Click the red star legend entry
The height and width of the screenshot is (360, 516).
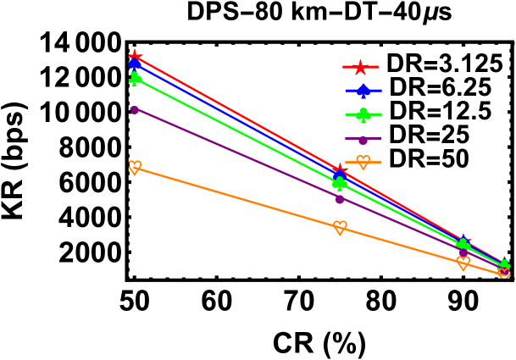(x=360, y=67)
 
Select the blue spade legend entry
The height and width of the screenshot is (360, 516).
(x=363, y=91)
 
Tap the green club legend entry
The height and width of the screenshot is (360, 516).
(x=363, y=114)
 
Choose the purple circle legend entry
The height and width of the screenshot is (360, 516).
(x=363, y=139)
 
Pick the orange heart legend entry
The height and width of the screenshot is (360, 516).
(x=363, y=162)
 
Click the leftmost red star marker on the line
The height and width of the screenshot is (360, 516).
(x=135, y=57)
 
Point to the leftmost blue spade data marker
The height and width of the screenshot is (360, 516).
(x=135, y=64)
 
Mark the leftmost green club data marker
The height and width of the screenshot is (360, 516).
(x=135, y=78)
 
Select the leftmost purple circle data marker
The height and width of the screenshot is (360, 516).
(x=135, y=109)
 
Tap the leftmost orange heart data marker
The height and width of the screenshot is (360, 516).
(x=135, y=167)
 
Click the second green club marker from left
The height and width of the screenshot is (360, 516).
(x=340, y=183)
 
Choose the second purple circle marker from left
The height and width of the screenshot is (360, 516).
(x=340, y=199)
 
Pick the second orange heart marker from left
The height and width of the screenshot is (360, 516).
(x=340, y=227)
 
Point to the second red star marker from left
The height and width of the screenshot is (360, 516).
(x=340, y=170)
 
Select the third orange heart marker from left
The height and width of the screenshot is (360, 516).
(x=463, y=263)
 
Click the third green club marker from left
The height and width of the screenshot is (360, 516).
(x=463, y=246)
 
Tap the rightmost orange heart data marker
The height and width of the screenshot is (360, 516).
(x=504, y=273)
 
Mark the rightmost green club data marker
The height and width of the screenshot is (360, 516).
(x=504, y=265)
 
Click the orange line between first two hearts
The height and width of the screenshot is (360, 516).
(x=237, y=197)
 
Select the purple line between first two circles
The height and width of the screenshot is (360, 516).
(x=237, y=154)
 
